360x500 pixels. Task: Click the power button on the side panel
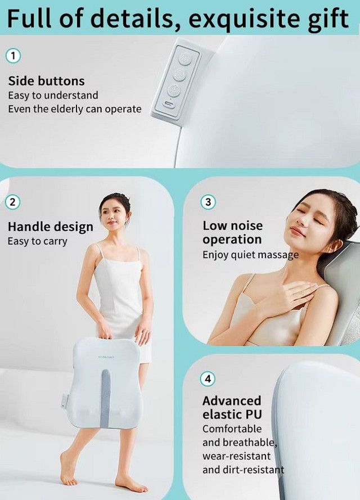click(x=173, y=90)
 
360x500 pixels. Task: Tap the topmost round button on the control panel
click(x=184, y=58)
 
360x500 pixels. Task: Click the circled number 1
click(x=13, y=56)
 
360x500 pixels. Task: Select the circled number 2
click(x=13, y=202)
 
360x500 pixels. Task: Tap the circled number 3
click(x=208, y=202)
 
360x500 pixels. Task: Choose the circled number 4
click(x=208, y=379)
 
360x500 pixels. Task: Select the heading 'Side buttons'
click(x=47, y=81)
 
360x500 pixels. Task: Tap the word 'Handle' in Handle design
click(x=28, y=227)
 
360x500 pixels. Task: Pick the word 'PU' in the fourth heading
click(x=254, y=415)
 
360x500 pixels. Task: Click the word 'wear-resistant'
click(x=236, y=456)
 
